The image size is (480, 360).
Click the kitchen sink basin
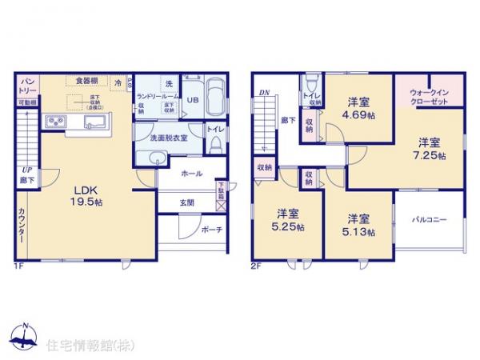(x=92, y=122)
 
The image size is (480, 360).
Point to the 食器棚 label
(x=87, y=81)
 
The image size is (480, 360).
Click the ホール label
(x=191, y=174)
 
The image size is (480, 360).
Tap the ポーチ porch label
(x=211, y=229)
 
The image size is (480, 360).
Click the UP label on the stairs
(x=26, y=170)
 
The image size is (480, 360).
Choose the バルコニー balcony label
(x=430, y=218)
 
